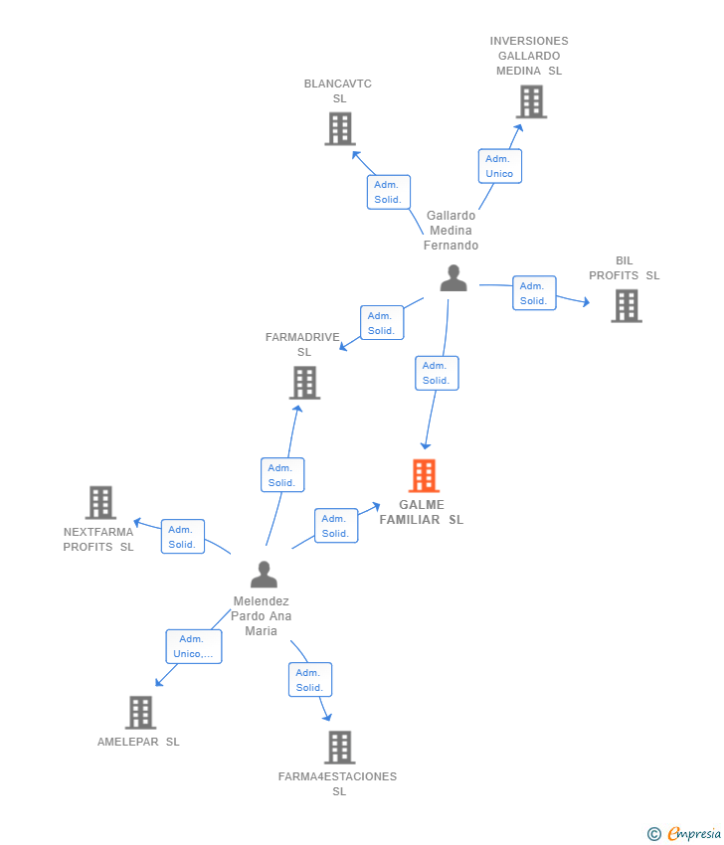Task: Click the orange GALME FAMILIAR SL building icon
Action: pos(425,476)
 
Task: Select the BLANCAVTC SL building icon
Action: pos(340,128)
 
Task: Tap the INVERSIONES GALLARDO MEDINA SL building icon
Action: pos(531,101)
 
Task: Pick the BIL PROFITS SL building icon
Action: pos(626,306)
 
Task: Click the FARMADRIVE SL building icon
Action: pos(304,383)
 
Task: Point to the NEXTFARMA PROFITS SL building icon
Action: pos(100,503)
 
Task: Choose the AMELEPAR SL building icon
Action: pos(140,712)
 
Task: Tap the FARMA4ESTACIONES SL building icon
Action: pos(339,747)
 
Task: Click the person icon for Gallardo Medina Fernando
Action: pos(453,278)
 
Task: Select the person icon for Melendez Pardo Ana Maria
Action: pos(264,575)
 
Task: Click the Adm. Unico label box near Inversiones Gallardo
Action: pos(499,166)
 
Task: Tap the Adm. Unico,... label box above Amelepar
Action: pos(193,646)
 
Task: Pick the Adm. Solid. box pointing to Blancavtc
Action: pos(387,192)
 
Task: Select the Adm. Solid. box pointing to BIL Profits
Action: pos(534,293)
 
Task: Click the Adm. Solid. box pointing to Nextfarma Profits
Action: pos(182,537)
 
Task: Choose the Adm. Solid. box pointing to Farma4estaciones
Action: pos(310,680)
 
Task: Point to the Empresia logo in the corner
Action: pos(683,833)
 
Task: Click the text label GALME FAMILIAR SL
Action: pos(422,512)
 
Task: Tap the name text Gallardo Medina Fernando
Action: pos(452,230)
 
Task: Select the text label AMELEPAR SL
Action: pos(138,742)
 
